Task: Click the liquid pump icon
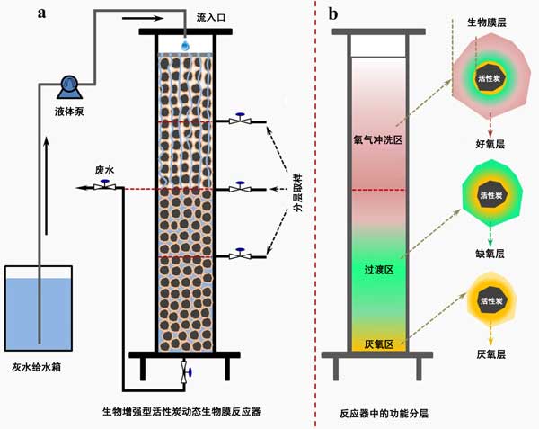67,86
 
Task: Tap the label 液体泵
68,111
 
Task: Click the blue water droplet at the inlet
185,44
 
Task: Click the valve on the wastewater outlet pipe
105,186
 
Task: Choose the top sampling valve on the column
240,120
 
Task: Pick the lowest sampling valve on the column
240,255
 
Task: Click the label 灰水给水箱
39,365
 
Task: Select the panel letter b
333,13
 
